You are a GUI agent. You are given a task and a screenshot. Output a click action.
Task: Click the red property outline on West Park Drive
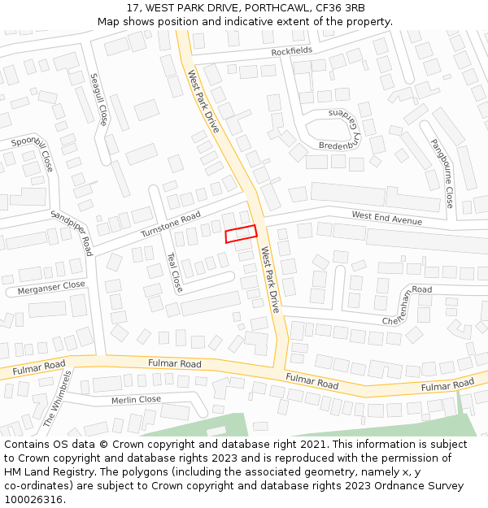coord(241,234)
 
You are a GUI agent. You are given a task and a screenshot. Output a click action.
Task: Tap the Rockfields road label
coord(291,51)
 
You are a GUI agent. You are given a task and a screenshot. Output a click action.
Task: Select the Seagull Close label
coord(98,99)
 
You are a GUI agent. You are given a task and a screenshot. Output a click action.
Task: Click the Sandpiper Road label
coord(72,232)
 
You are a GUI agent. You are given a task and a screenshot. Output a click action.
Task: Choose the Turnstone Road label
coord(170,224)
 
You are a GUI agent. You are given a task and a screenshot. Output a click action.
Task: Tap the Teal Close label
coord(174,272)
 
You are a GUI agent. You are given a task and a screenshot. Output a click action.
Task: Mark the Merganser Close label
coord(51,287)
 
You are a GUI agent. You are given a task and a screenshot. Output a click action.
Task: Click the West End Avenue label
coord(386,218)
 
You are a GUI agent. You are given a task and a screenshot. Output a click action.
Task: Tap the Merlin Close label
coord(137,400)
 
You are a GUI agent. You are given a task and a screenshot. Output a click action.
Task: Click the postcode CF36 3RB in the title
coord(340,8)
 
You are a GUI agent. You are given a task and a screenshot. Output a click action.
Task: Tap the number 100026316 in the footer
coord(35,499)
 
